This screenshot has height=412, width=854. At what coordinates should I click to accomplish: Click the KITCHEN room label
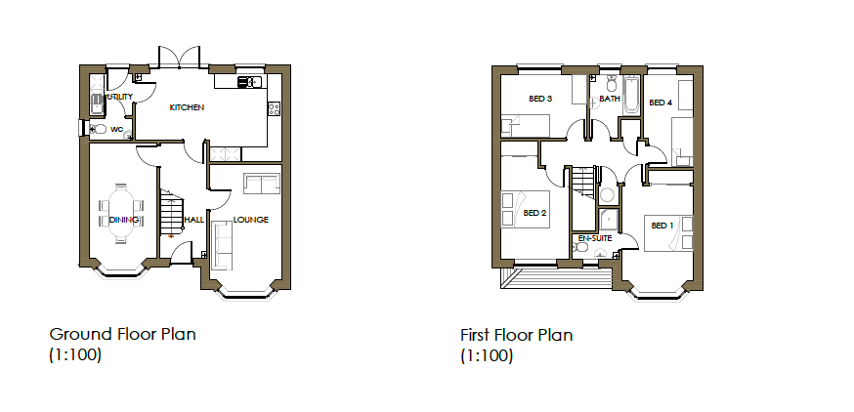point(187,107)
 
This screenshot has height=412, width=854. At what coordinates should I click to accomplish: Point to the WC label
point(116,129)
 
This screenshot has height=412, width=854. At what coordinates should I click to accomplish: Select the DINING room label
point(123,220)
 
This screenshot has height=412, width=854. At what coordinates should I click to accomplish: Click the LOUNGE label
point(250,220)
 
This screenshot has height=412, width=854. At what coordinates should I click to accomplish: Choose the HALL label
point(193,220)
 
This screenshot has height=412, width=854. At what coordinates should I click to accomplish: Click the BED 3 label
point(540,99)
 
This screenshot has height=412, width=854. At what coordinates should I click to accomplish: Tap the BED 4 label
point(661,103)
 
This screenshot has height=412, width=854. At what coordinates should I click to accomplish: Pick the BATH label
point(610,99)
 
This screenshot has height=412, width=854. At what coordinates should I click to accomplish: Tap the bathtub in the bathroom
point(631,96)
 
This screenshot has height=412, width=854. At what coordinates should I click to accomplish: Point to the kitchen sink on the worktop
point(245,82)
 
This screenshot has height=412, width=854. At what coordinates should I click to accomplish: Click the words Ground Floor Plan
point(122,334)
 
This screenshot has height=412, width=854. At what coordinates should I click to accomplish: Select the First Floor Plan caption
point(516,335)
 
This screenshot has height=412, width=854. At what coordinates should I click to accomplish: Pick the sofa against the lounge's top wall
point(261,183)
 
